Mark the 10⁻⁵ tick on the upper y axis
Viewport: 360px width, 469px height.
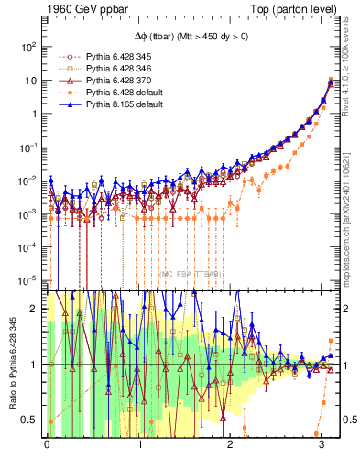[27, 280]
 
